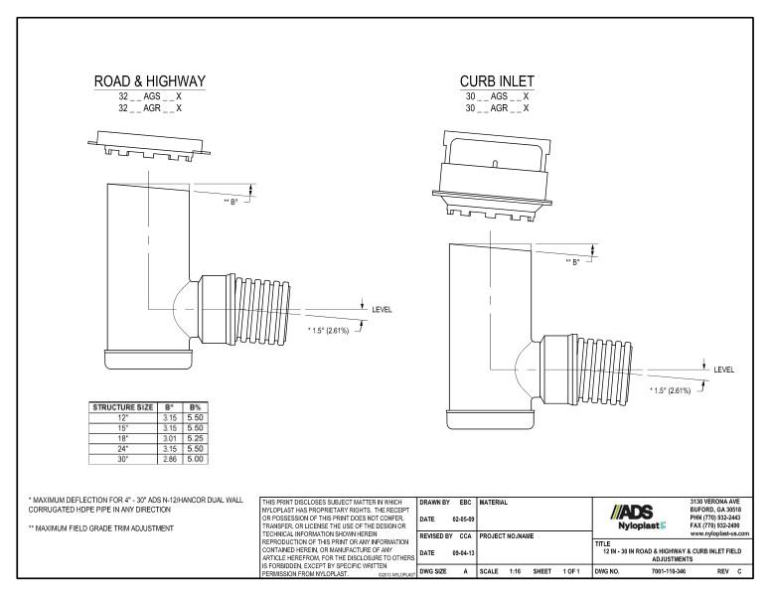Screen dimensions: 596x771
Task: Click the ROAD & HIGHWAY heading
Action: click(149, 79)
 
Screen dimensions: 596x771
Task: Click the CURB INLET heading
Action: click(496, 79)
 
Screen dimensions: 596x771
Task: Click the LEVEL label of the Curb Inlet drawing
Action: click(724, 370)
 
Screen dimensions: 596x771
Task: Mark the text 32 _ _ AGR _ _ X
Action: click(149, 107)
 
